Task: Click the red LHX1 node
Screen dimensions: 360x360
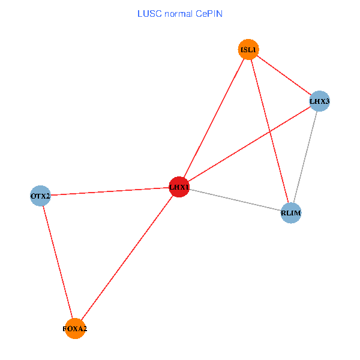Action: tap(179, 187)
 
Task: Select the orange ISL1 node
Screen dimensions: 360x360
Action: tap(248, 49)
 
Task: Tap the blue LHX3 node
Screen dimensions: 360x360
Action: tap(319, 101)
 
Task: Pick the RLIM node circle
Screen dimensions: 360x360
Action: tap(291, 213)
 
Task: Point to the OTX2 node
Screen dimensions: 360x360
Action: tap(40, 196)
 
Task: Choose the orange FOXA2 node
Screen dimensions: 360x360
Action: tap(75, 329)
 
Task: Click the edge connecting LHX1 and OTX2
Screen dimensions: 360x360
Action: tap(110, 191)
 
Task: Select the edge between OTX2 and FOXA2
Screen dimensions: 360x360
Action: tap(58, 262)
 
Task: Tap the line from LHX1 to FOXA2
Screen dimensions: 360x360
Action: tap(127, 258)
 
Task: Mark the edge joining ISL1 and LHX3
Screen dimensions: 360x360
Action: tap(284, 76)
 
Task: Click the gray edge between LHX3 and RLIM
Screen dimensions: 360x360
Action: tap(305, 157)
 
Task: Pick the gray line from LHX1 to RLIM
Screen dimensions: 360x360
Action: tap(235, 200)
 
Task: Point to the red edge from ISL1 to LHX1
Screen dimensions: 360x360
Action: tap(214, 118)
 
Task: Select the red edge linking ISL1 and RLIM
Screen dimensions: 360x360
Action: tap(270, 131)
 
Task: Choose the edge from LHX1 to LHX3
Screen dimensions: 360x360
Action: tap(250, 144)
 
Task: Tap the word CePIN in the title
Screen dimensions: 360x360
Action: tap(209, 14)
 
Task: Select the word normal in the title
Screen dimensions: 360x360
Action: tap(178, 14)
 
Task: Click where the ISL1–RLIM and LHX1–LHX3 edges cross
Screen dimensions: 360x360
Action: tap(271, 131)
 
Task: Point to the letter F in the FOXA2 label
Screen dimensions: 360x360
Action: tap(64, 329)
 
